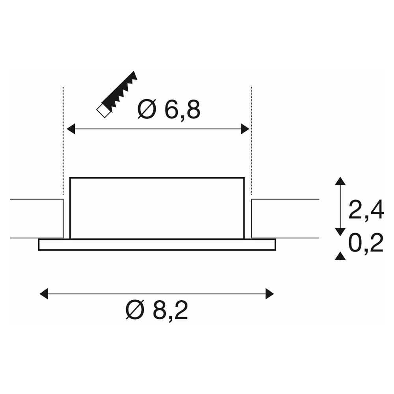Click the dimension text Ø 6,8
click(x=169, y=110)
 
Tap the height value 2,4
click(x=366, y=210)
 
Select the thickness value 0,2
click(x=366, y=243)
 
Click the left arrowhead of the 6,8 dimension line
click(x=71, y=129)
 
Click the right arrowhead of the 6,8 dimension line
click(x=245, y=129)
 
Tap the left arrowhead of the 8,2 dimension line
click(x=44, y=294)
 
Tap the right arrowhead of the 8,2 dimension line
click(x=269, y=294)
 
